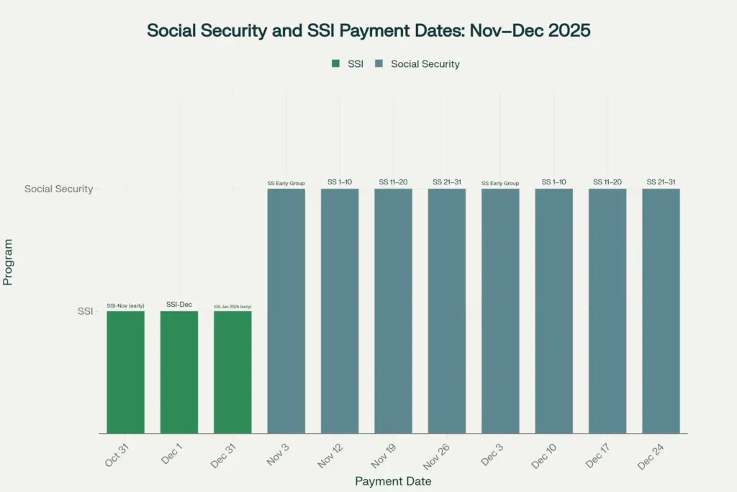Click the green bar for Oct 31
(125, 372)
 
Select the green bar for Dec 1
(179, 372)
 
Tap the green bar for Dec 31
(232, 372)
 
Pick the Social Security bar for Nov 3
(286, 310)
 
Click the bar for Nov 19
(393, 310)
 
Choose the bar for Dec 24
(661, 310)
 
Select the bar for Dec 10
(553, 310)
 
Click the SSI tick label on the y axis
(85, 311)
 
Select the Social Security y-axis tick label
(58, 189)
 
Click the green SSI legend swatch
(335, 63)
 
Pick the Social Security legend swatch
(379, 63)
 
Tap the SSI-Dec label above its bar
(179, 305)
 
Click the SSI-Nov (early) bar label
(125, 305)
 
